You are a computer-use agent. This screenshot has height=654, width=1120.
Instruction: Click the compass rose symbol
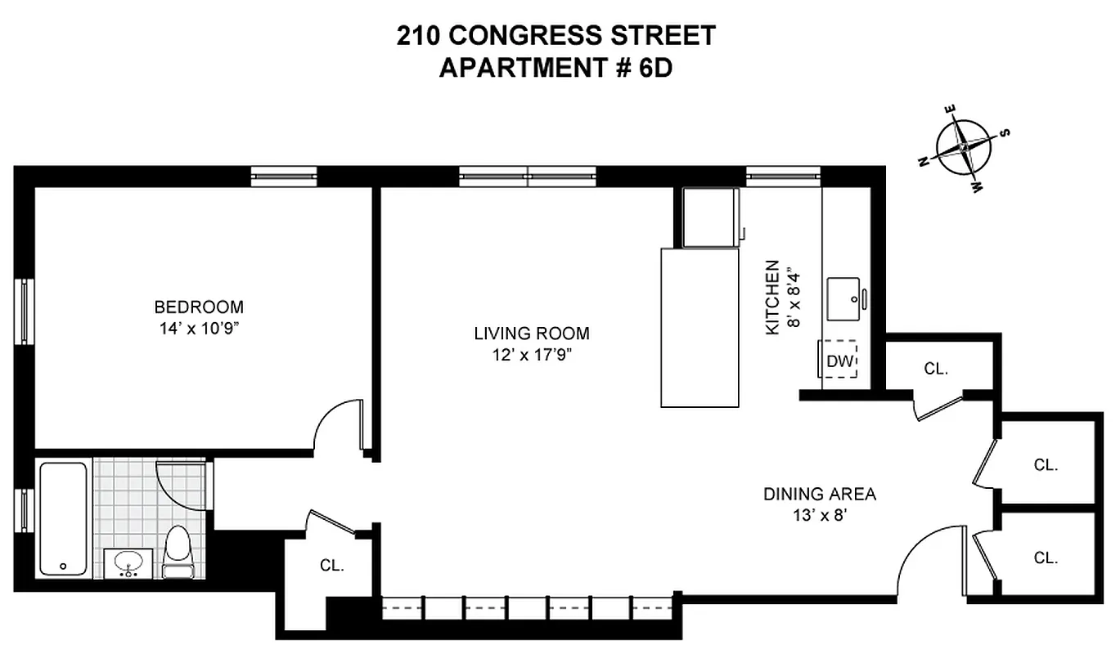pyautogui.click(x=965, y=147)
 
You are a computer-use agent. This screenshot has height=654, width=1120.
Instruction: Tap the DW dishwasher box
pyautogui.click(x=839, y=360)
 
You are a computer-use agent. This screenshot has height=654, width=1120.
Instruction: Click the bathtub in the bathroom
pyautogui.click(x=63, y=519)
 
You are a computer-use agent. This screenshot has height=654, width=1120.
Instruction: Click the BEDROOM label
pyautogui.click(x=199, y=307)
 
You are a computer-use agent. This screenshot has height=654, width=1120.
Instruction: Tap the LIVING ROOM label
pyautogui.click(x=531, y=334)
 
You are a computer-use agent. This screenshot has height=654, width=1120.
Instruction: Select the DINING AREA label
pyautogui.click(x=819, y=494)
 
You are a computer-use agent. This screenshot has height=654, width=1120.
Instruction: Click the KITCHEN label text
pyautogui.click(x=771, y=298)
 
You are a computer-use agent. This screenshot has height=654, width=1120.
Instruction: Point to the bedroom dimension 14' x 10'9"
pyautogui.click(x=199, y=329)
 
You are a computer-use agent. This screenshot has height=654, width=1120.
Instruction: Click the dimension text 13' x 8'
pyautogui.click(x=819, y=515)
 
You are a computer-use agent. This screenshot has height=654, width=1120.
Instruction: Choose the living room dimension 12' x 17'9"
pyautogui.click(x=531, y=356)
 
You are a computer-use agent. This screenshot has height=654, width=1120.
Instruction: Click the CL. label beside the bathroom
pyautogui.click(x=331, y=565)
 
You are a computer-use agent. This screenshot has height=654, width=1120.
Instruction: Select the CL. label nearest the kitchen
pyautogui.click(x=936, y=369)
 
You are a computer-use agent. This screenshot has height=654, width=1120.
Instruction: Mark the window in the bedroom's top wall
pyautogui.click(x=283, y=176)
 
